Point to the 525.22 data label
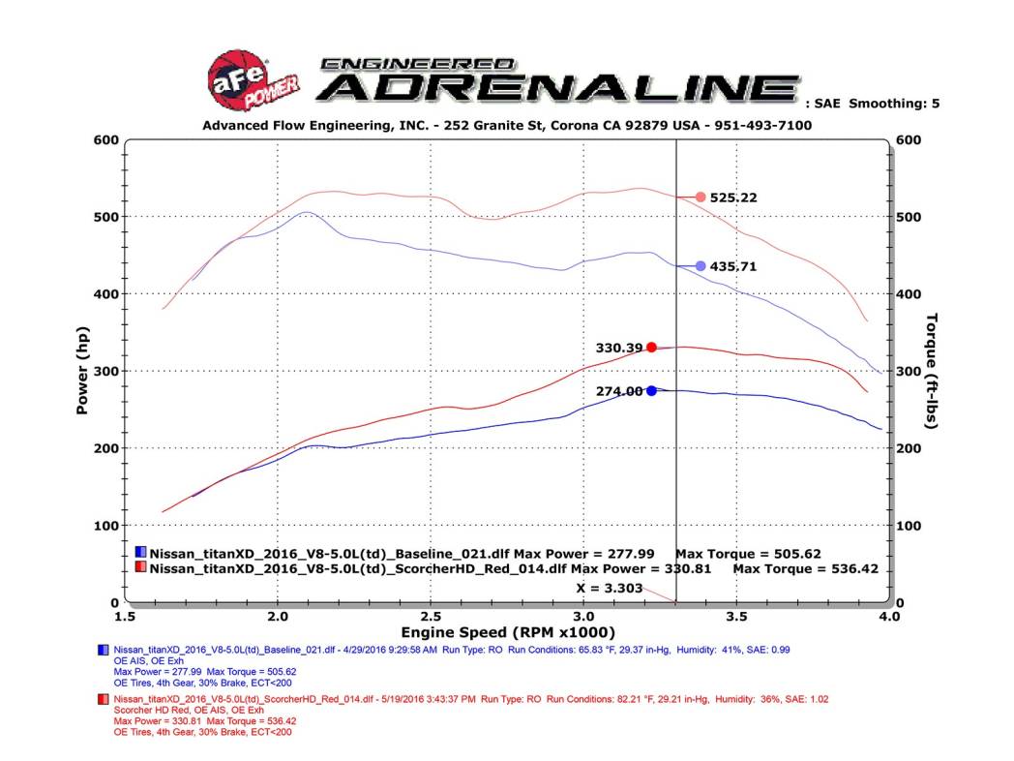(x=733, y=198)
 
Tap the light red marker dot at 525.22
(x=701, y=198)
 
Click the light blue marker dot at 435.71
(x=701, y=265)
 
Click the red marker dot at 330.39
(x=652, y=347)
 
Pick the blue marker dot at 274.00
(x=652, y=391)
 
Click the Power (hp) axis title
(x=83, y=372)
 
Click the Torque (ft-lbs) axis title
(x=932, y=372)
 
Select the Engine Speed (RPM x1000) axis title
(x=506, y=632)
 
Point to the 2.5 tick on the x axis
(x=430, y=616)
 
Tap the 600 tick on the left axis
(x=105, y=139)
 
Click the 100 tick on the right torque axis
(x=911, y=526)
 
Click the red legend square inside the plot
(x=141, y=569)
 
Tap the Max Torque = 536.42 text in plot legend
(x=805, y=569)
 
